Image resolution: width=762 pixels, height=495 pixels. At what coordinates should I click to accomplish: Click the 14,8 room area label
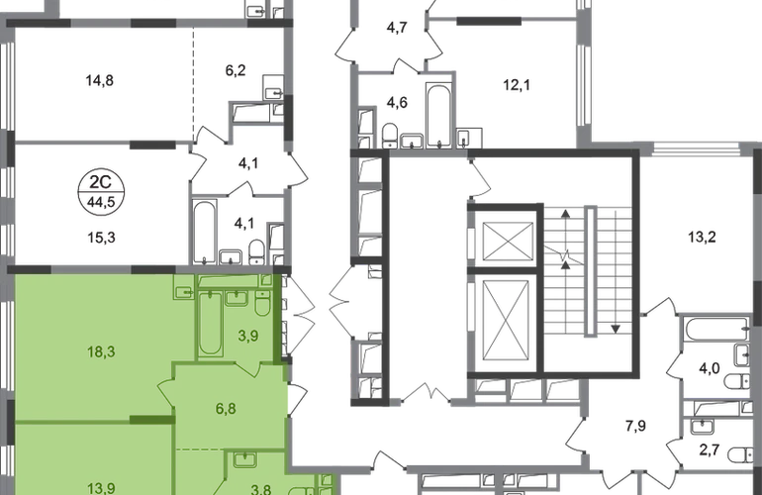pyautogui.click(x=100, y=80)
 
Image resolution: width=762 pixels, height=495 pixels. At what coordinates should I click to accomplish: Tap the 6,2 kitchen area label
pyautogui.click(x=236, y=70)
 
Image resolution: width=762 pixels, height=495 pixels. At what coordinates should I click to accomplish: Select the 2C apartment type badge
pyautogui.click(x=101, y=191)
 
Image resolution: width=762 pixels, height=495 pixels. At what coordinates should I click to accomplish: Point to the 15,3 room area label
pyautogui.click(x=101, y=238)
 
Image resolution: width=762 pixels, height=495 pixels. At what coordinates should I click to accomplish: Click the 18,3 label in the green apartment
pyautogui.click(x=101, y=351)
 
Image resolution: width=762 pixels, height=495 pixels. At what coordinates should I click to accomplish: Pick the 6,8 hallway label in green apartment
pyautogui.click(x=226, y=408)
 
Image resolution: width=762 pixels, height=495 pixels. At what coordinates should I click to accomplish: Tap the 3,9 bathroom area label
pyautogui.click(x=247, y=336)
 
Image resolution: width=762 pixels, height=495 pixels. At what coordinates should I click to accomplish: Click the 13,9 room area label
pyautogui.click(x=101, y=488)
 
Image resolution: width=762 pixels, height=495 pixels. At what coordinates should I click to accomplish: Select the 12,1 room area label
pyautogui.click(x=517, y=85)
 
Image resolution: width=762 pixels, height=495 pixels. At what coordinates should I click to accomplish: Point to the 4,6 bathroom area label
pyautogui.click(x=397, y=103)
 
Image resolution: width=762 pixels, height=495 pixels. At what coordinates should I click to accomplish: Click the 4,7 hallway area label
pyautogui.click(x=397, y=28)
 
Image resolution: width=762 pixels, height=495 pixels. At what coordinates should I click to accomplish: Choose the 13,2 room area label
pyautogui.click(x=702, y=238)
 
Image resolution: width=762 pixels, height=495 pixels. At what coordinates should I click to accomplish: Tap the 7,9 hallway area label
pyautogui.click(x=635, y=426)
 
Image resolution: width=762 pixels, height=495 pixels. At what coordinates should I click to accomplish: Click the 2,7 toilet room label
pyautogui.click(x=709, y=449)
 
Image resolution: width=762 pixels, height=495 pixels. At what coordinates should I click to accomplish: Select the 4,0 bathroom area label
pyautogui.click(x=709, y=368)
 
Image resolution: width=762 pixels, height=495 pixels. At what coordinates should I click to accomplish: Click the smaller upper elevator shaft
pyautogui.click(x=509, y=242)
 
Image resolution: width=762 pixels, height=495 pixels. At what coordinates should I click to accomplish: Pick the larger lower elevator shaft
pyautogui.click(x=506, y=321)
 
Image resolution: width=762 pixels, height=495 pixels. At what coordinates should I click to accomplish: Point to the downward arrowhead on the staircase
pyautogui.click(x=616, y=330)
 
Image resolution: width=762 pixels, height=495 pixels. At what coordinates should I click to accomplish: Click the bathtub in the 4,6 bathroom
pyautogui.click(x=439, y=116)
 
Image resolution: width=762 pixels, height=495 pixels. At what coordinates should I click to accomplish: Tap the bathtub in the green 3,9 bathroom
pyautogui.click(x=211, y=323)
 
